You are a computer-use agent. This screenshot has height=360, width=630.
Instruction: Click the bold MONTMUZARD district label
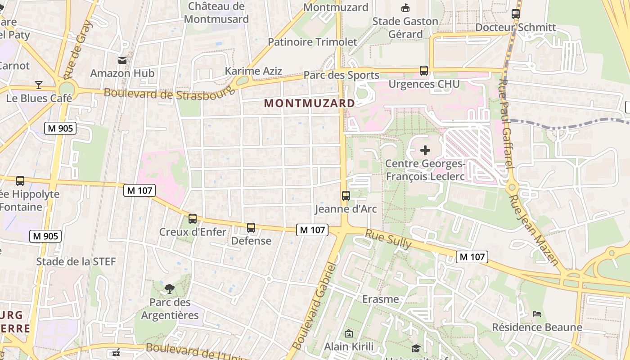[x=310, y=103]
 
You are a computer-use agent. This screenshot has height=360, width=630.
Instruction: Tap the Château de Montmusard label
[x=216, y=13]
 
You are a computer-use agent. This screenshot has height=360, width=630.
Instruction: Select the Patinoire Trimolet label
[x=312, y=42]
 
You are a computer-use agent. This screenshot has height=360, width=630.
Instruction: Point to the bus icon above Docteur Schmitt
[x=516, y=14]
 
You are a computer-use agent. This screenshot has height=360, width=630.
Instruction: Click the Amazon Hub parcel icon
[x=122, y=60]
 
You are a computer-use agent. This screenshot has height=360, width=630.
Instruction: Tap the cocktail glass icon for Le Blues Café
[x=39, y=85]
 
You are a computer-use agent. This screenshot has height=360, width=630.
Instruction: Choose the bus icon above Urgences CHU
[x=424, y=71]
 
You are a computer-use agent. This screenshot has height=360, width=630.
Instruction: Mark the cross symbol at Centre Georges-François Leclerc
[x=425, y=150]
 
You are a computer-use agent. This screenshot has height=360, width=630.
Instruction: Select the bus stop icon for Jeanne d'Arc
[x=346, y=196]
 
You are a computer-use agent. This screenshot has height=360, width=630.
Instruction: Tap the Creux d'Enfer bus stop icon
[x=193, y=219]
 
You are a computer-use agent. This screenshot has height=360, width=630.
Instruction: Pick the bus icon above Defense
[x=251, y=228]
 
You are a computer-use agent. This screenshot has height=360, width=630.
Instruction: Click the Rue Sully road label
[x=388, y=239]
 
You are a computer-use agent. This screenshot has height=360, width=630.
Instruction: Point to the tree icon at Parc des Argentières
[x=170, y=288]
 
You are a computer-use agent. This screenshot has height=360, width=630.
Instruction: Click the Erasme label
[x=381, y=299]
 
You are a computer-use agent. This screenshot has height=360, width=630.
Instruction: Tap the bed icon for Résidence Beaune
[x=536, y=314]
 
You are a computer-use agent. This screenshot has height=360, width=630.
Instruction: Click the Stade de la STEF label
[x=76, y=261]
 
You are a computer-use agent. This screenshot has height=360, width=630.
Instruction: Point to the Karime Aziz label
[x=254, y=71]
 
